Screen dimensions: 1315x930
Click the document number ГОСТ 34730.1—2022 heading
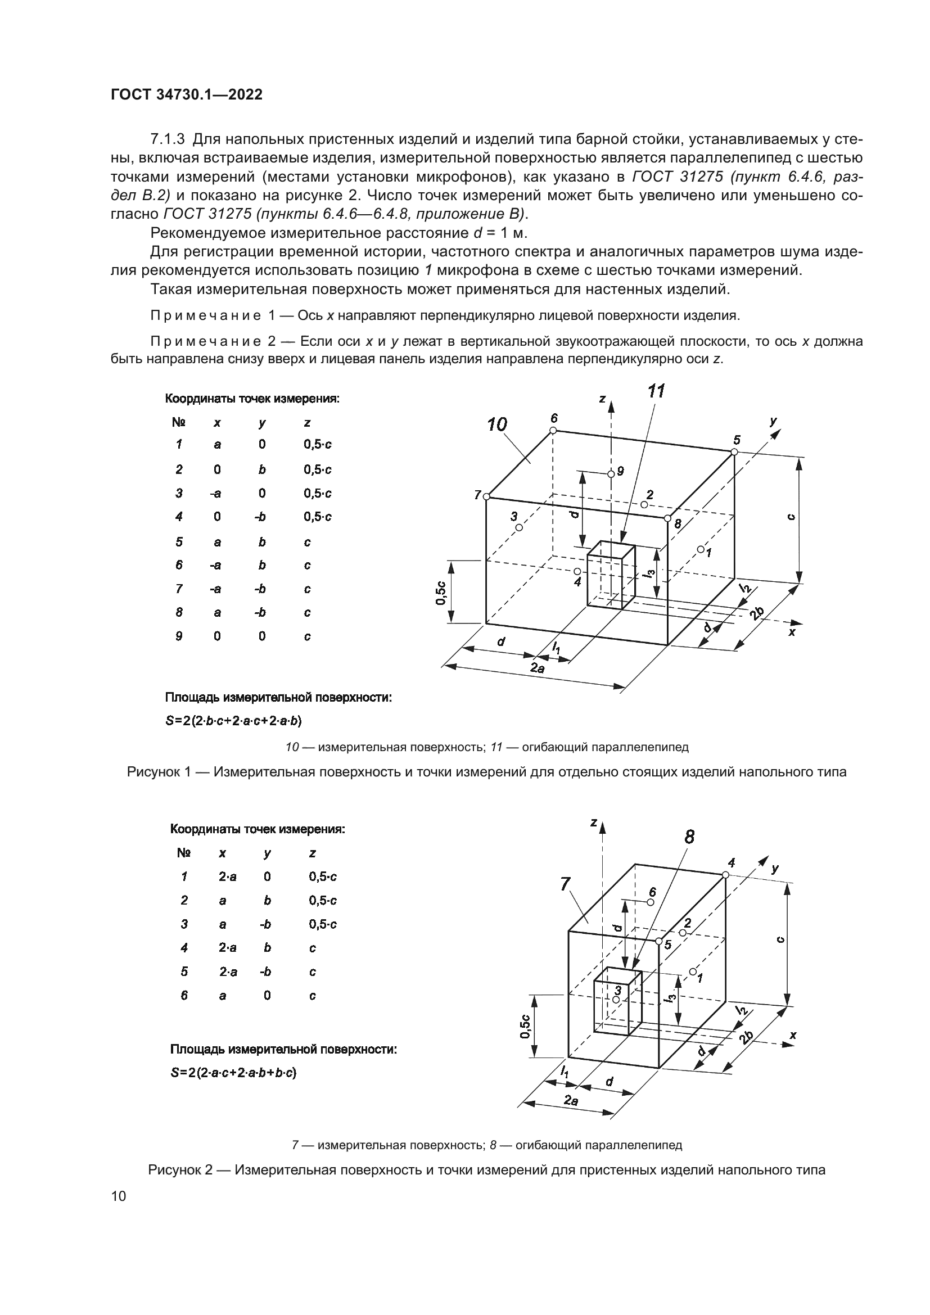186,95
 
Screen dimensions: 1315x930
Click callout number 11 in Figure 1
656,392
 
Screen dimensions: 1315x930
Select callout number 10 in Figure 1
497,425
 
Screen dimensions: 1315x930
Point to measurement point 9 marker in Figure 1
611,473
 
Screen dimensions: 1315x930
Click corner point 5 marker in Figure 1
734,453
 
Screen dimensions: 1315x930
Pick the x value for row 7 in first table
216,589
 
